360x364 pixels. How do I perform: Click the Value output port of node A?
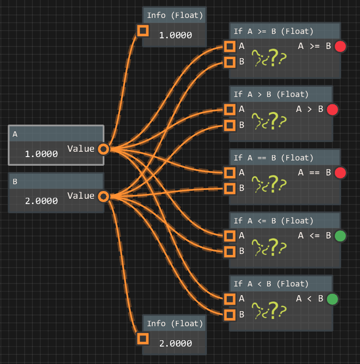(103, 149)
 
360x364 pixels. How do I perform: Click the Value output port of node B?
(103, 196)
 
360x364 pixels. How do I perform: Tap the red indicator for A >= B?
(340, 47)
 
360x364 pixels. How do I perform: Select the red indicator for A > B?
(332, 110)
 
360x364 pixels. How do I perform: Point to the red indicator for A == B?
(340, 173)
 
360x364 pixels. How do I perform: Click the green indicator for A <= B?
(340, 236)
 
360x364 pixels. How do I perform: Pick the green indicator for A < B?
(332, 299)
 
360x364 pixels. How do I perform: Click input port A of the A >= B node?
(230, 47)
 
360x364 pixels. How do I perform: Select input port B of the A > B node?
(230, 125)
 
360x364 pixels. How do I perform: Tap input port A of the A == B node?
(230, 173)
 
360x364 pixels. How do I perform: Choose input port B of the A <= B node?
(230, 251)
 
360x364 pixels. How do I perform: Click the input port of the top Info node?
(142, 31)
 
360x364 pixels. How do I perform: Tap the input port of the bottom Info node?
(142, 339)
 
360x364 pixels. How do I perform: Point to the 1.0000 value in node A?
(41, 154)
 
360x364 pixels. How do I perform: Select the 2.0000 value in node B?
(41, 201)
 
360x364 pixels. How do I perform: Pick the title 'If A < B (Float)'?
(271, 284)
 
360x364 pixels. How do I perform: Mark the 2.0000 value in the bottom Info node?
(175, 343)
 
